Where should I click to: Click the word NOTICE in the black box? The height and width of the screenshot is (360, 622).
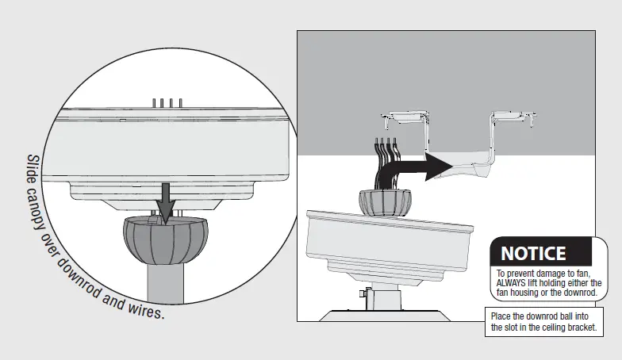(533, 254)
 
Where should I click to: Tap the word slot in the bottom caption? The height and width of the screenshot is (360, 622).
(519, 327)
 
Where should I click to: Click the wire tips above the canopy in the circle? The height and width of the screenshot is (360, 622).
(167, 102)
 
